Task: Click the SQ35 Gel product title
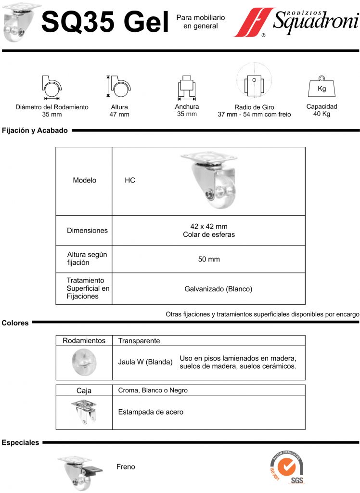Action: [x=105, y=22]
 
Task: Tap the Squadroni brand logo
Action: [x=296, y=22]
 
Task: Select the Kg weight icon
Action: [x=321, y=86]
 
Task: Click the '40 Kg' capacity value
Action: [x=321, y=114]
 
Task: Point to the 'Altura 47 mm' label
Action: [x=119, y=111]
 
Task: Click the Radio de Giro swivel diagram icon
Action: [x=254, y=80]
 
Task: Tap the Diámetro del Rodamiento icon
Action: [x=51, y=88]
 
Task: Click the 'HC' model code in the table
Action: [x=130, y=180]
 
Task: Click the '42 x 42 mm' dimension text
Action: [x=209, y=226]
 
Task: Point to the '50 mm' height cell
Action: [x=209, y=259]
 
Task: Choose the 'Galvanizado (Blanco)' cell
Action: [x=219, y=289]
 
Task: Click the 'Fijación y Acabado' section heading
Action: [x=35, y=130]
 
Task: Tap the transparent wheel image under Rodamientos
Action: [x=84, y=362]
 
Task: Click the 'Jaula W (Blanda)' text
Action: [x=145, y=362]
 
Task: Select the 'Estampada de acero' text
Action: [x=151, y=412]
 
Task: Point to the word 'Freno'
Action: [x=126, y=467]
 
